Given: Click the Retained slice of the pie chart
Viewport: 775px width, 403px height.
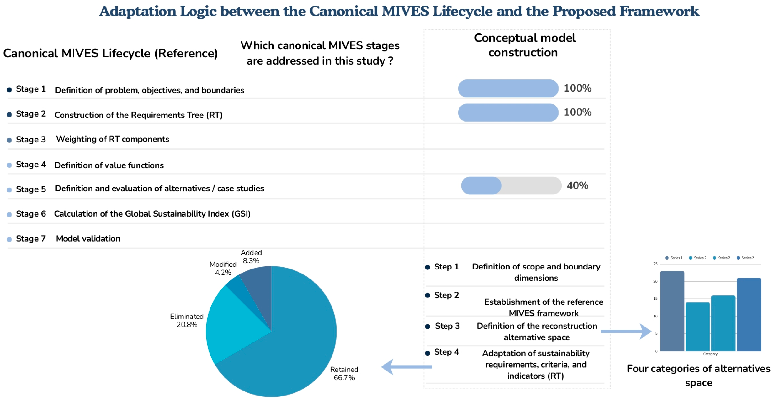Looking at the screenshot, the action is (289, 355).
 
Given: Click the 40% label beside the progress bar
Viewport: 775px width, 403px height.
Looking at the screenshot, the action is (577, 185).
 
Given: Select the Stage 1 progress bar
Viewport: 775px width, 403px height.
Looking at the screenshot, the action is (508, 88).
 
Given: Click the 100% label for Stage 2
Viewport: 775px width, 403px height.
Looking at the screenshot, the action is (577, 112).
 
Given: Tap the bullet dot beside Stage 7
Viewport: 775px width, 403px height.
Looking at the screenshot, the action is (9, 239).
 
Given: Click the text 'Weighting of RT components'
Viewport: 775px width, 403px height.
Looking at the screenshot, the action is (113, 139).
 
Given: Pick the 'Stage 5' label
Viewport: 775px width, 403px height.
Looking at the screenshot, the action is (31, 189).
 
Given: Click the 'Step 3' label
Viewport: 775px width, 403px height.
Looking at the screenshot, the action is (447, 326).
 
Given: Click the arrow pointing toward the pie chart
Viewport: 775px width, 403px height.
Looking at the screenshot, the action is (406, 367).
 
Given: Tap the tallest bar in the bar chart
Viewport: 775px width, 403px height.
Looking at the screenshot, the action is (672, 311).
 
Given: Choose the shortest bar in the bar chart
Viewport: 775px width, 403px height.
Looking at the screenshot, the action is (698, 327).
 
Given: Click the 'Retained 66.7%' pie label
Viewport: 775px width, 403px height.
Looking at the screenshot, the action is (344, 374).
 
